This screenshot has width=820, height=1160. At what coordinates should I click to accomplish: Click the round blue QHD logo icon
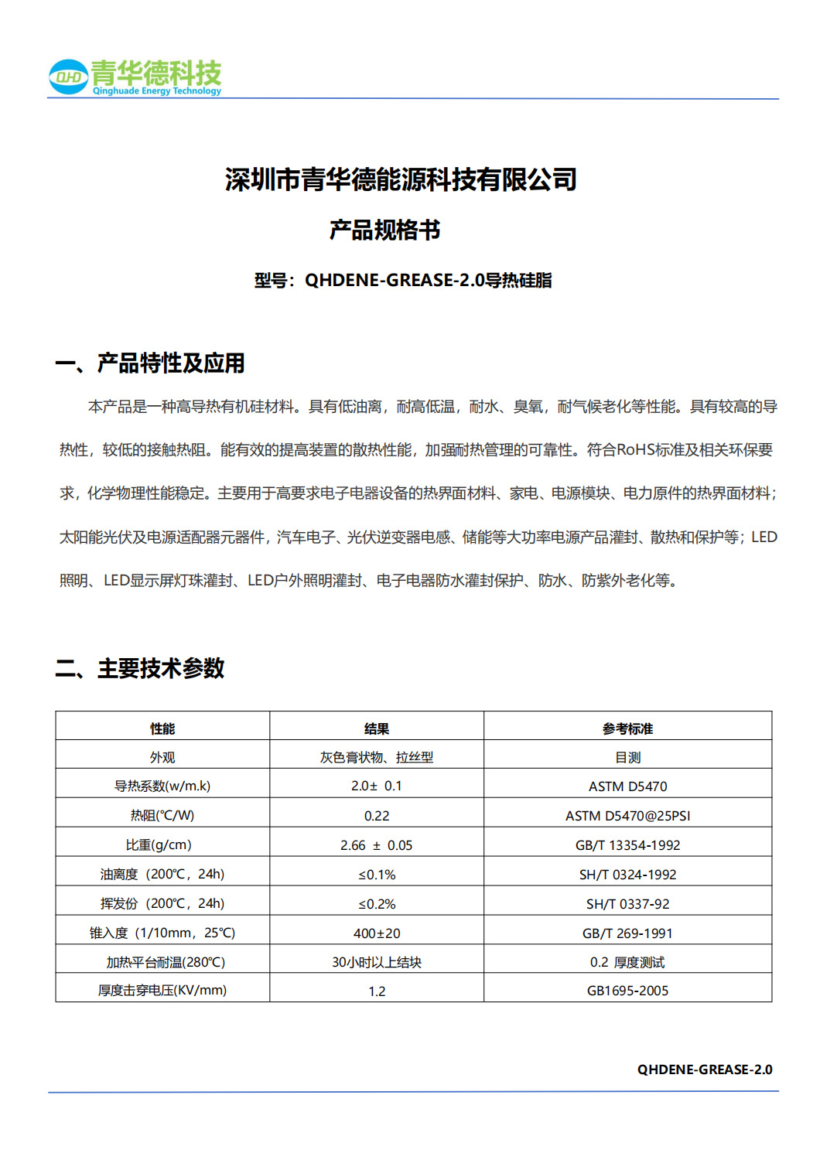click(68, 77)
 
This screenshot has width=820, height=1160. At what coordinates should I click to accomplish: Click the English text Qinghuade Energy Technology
click(157, 91)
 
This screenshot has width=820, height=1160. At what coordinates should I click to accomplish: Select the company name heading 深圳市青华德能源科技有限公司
click(401, 179)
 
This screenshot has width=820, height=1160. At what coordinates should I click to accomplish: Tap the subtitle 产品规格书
click(384, 230)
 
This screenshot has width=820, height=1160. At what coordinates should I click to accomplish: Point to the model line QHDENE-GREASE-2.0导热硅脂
click(403, 280)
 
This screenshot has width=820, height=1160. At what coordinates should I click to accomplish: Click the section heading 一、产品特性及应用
click(150, 363)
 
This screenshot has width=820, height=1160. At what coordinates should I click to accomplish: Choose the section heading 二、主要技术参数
click(140, 668)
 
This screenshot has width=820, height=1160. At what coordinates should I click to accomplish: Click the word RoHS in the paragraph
click(636, 450)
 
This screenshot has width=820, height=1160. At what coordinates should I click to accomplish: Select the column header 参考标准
click(627, 728)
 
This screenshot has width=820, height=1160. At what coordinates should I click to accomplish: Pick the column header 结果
click(377, 728)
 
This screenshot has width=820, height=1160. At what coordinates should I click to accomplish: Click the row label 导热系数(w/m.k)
click(162, 786)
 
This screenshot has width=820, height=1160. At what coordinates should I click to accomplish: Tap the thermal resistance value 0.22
click(377, 816)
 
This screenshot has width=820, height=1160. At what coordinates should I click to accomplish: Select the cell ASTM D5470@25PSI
click(627, 816)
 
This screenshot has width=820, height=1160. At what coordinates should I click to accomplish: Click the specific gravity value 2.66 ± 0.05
click(377, 845)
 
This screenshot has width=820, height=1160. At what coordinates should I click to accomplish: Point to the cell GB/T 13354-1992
click(627, 845)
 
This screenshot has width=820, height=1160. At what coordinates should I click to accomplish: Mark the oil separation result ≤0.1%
click(377, 875)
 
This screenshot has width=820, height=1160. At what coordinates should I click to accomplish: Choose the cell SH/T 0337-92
click(627, 904)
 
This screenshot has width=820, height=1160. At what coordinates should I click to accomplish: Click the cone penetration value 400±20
click(377, 933)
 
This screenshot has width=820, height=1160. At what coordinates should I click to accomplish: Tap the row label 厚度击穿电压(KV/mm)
click(162, 990)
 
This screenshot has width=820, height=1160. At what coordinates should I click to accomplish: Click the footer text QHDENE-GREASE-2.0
click(705, 1070)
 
